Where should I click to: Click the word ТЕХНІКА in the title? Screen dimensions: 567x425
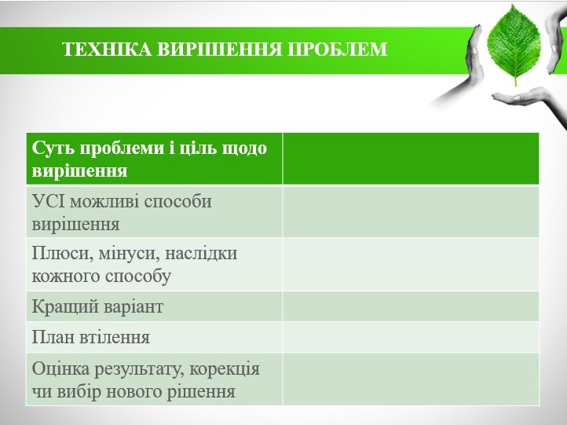(x=108, y=49)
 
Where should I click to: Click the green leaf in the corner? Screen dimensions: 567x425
(x=514, y=46)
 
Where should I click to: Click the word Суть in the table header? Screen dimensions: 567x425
(x=53, y=148)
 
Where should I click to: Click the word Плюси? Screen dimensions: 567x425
(x=60, y=253)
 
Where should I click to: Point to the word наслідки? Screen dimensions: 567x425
(x=201, y=253)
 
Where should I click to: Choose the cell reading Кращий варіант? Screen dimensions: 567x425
(x=154, y=306)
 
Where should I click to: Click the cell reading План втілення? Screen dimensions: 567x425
(x=154, y=337)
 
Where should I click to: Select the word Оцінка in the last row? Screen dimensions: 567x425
(x=60, y=370)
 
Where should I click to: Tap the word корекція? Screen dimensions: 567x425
(x=225, y=370)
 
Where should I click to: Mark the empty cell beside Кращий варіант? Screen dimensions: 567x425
(x=411, y=306)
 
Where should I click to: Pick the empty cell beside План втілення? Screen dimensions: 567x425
(x=411, y=337)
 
